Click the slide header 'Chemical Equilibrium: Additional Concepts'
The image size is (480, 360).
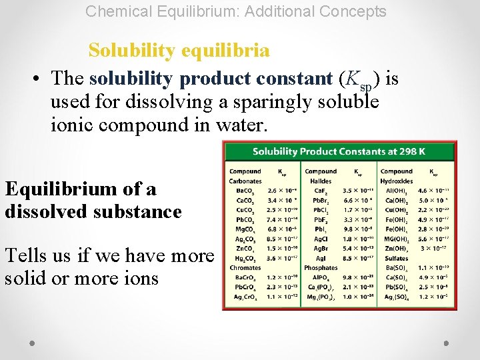click(236, 11)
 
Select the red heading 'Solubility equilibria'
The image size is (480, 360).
click(179, 51)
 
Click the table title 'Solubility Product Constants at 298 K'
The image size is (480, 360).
click(339, 151)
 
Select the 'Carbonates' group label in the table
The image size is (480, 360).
click(245, 181)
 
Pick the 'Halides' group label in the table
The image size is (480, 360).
click(320, 181)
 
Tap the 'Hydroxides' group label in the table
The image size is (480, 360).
click(397, 181)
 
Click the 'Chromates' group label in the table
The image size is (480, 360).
click(245, 268)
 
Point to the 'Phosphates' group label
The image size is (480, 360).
click(321, 268)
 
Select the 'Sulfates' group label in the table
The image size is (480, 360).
click(396, 258)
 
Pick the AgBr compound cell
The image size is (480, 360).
click(321, 249)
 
